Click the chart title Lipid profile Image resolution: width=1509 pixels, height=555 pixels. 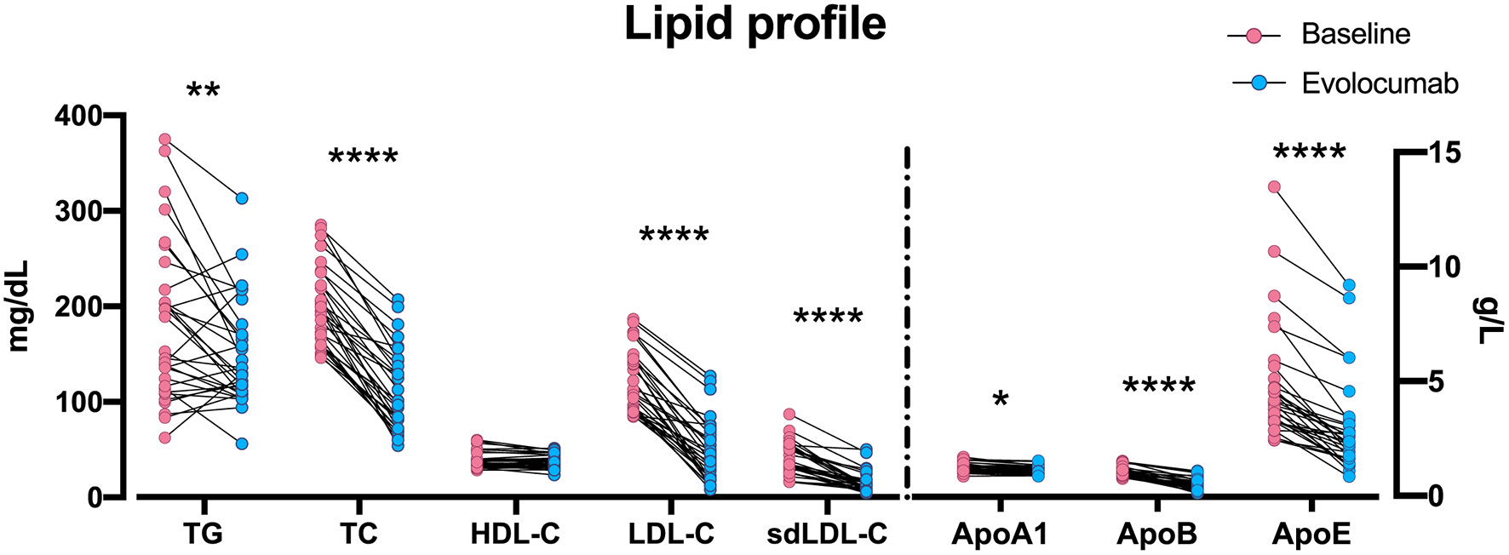754,26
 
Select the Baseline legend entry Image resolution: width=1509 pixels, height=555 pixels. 1356,34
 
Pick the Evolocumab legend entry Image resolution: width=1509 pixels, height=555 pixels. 1380,83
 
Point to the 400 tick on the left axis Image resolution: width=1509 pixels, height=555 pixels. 77,115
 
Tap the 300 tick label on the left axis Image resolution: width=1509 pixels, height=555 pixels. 77,211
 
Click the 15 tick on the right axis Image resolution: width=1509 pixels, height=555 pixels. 1443,153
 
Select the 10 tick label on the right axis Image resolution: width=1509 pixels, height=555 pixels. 1443,267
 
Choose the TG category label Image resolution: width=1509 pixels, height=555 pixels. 203,534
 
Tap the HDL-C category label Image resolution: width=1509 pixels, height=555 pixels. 515,534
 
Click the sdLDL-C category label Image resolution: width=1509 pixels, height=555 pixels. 827,534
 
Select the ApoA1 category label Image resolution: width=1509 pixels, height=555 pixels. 1000,534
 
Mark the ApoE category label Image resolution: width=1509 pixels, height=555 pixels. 1311,534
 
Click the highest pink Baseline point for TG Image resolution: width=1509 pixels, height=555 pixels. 165,140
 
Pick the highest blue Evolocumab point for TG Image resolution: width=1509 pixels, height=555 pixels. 242,198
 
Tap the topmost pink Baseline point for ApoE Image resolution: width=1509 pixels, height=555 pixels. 1274,186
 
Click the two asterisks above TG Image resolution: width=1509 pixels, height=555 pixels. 203,90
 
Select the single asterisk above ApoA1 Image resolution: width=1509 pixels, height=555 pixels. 1001,400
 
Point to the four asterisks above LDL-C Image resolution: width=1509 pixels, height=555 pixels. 674,236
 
